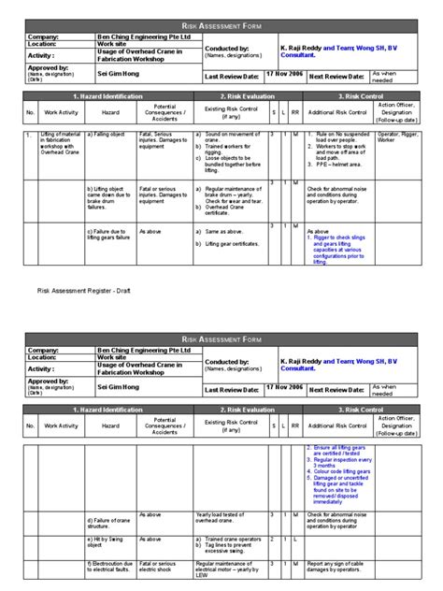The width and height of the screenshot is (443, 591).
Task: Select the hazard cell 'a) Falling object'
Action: click(106, 136)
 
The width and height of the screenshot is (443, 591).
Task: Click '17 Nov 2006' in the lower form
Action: click(282, 385)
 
